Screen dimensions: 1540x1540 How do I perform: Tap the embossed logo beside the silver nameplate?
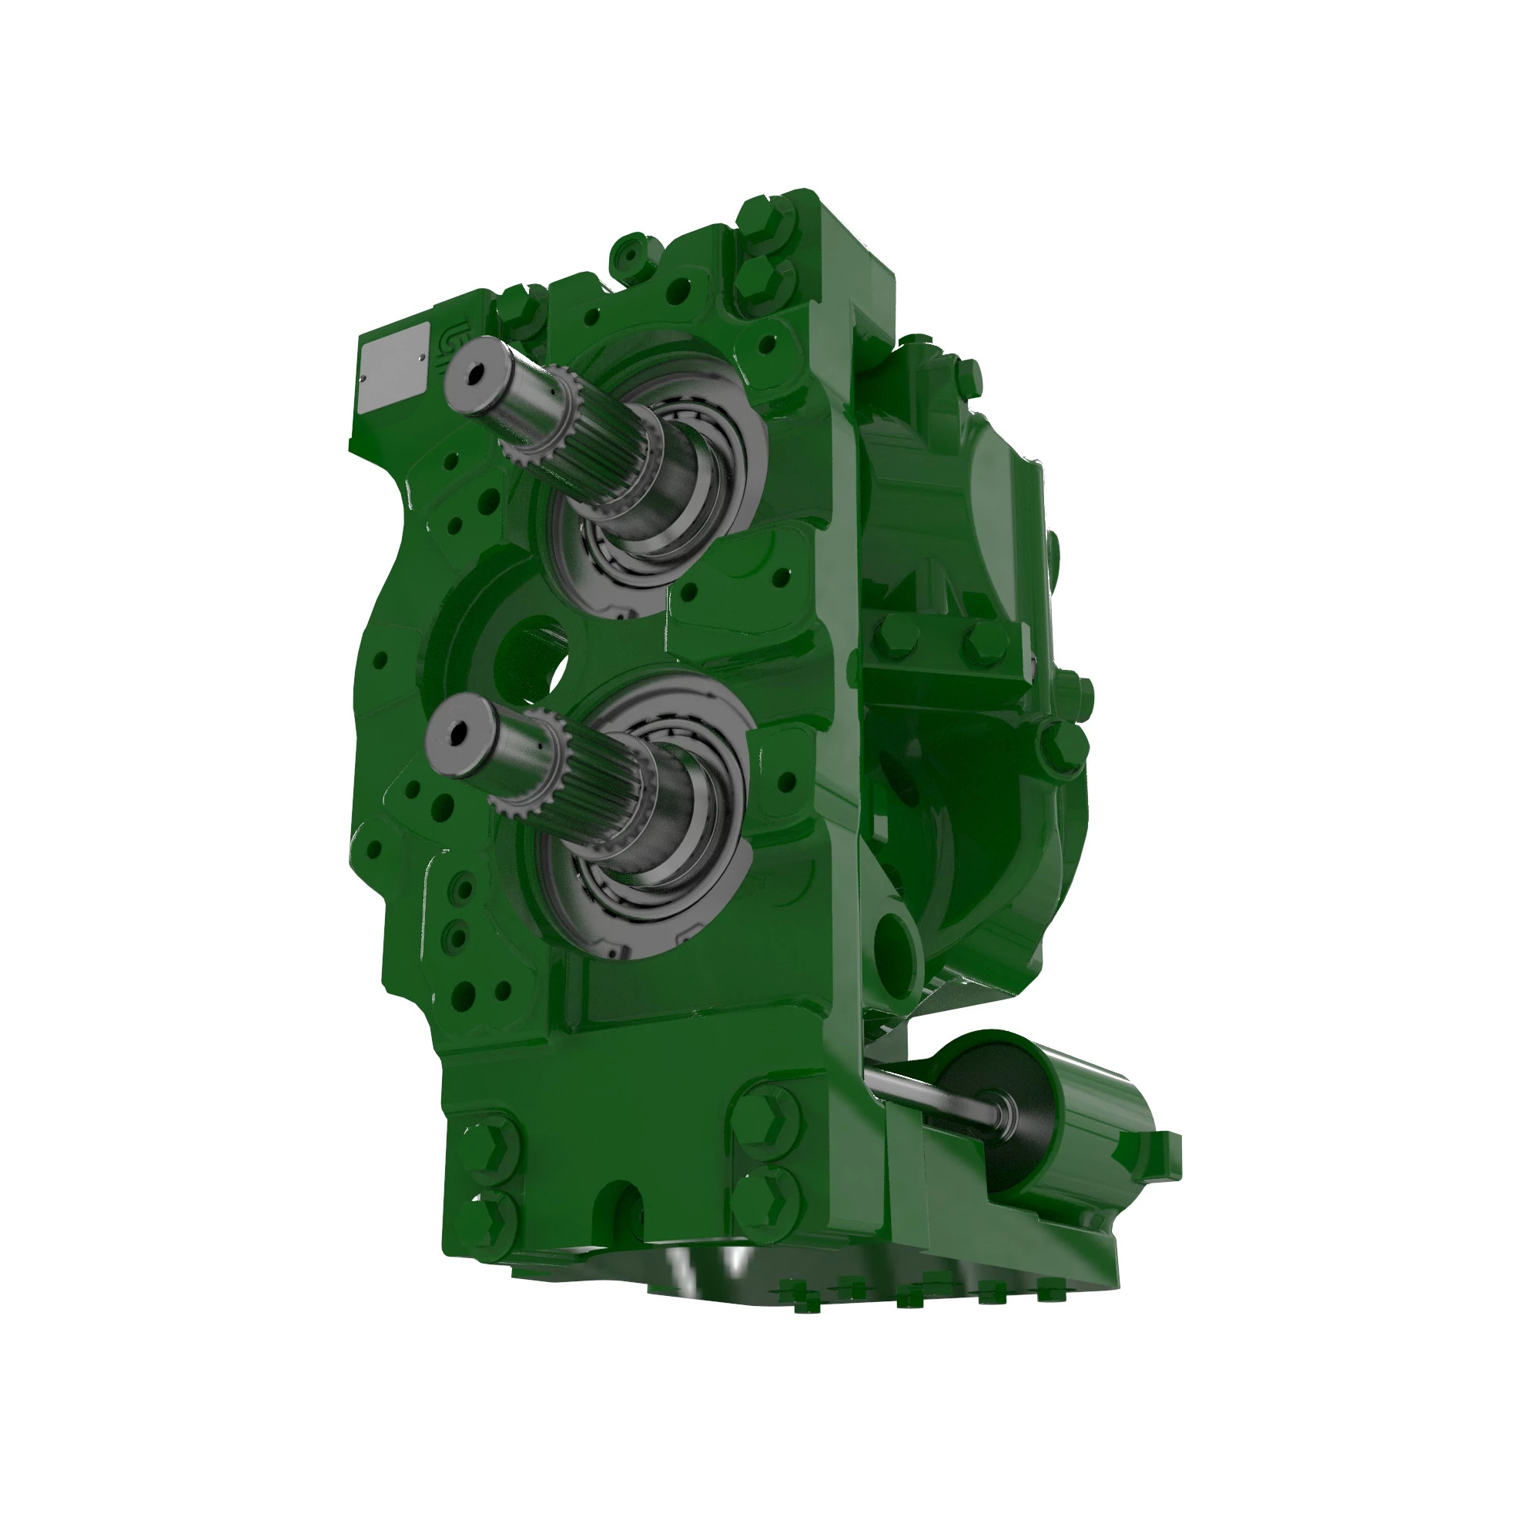coord(444,347)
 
